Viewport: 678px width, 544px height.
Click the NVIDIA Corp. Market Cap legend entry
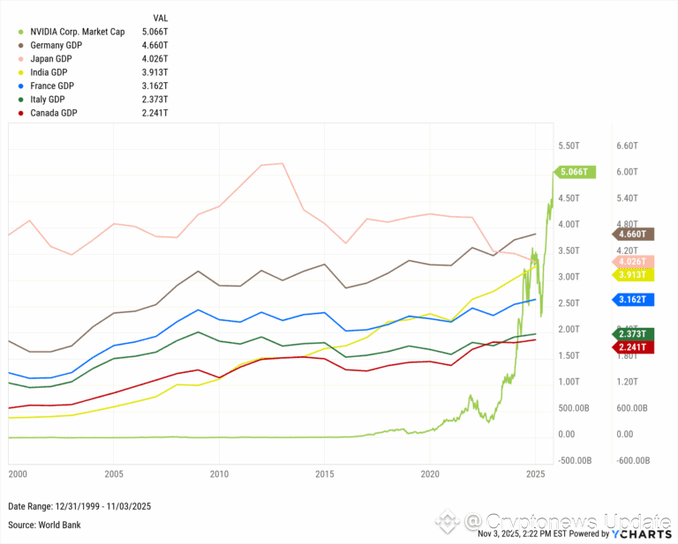click(78, 31)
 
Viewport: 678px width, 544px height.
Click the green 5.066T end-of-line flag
click(575, 172)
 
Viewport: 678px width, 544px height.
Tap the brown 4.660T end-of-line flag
click(631, 235)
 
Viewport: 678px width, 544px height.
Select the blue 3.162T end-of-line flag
click(631, 300)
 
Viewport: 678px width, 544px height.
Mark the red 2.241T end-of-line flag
click(631, 347)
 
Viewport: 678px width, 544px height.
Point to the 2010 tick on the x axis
click(218, 474)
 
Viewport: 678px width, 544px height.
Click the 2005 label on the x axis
click(113, 474)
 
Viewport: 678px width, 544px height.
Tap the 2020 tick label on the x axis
click(430, 474)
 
